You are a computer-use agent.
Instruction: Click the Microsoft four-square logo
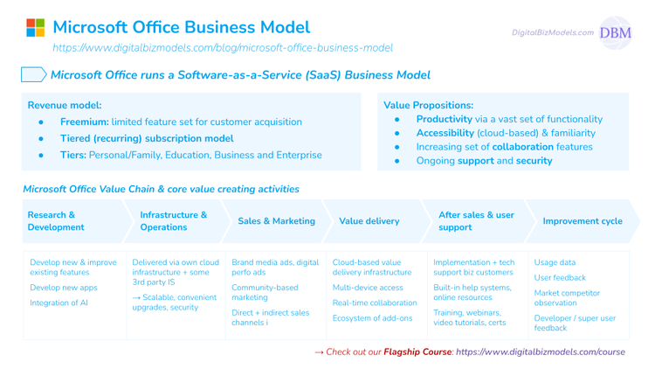pyautogui.click(x=34, y=27)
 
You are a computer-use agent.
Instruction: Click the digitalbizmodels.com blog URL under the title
pyautogui.click(x=223, y=47)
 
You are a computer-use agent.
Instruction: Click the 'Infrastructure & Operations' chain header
pyautogui.click(x=173, y=220)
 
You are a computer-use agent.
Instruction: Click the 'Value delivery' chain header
pyautogui.click(x=371, y=221)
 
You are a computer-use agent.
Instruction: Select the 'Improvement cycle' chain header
pyautogui.click(x=582, y=221)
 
